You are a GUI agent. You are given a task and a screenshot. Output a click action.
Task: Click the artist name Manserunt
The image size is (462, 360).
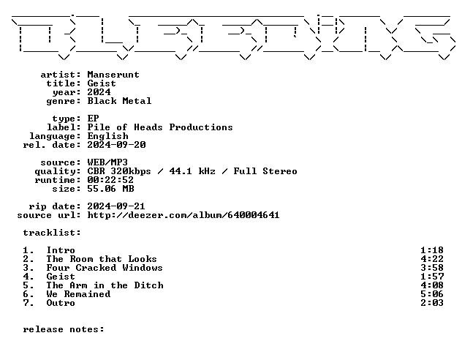pyautogui.click(x=113, y=75)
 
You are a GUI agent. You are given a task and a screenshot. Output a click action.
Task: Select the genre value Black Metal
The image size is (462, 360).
pyautogui.click(x=119, y=101)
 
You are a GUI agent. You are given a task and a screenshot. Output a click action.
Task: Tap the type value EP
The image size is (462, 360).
pyautogui.click(x=93, y=119)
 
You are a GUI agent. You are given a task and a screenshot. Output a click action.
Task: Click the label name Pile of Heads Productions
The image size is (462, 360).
pyautogui.click(x=160, y=127)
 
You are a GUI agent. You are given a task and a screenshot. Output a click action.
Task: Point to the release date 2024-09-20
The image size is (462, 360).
pyautogui.click(x=116, y=145)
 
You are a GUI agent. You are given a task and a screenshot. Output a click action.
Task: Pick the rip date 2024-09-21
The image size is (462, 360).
pyautogui.click(x=116, y=206)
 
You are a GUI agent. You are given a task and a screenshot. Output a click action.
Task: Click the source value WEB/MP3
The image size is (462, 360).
pyautogui.click(x=107, y=162)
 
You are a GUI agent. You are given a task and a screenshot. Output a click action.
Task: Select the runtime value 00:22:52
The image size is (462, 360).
pyautogui.click(x=110, y=180)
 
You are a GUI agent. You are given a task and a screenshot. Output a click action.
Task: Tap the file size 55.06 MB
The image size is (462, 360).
pyautogui.click(x=111, y=189)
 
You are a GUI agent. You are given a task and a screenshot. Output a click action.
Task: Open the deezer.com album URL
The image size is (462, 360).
pyautogui.click(x=183, y=215)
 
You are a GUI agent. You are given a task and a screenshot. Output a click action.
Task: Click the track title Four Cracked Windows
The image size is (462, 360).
pyautogui.click(x=105, y=268)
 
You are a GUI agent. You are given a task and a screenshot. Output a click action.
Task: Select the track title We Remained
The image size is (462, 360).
pyautogui.click(x=78, y=294)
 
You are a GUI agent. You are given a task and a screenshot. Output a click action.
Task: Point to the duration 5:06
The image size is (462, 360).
pyautogui.click(x=432, y=294)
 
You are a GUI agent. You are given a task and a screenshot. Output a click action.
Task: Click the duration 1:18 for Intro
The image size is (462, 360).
pyautogui.click(x=432, y=250)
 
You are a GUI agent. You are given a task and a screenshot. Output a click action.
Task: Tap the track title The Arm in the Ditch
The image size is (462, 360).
pyautogui.click(x=105, y=285)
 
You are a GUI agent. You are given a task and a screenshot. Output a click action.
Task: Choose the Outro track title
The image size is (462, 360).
pyautogui.click(x=61, y=303)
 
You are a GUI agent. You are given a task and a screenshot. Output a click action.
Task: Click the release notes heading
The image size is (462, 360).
pyautogui.click(x=64, y=329)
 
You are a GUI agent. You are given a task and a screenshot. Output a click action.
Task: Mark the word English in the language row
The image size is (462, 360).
pyautogui.click(x=108, y=136)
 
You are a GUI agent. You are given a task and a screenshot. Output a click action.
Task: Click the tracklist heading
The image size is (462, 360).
pyautogui.click(x=52, y=233)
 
